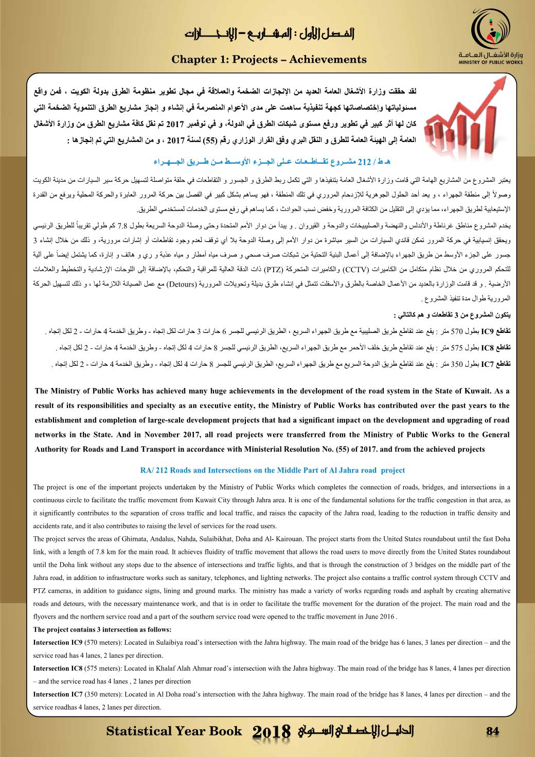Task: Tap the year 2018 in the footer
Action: pos(273,732)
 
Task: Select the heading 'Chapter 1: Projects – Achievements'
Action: pos(269,60)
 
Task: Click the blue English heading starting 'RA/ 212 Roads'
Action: pos(272,470)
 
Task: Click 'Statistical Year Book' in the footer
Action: pos(174,731)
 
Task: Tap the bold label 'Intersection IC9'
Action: pos(57,642)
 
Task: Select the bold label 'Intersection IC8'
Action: pos(57,668)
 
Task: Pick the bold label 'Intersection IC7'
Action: pos(57,694)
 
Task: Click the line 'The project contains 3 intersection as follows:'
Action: pos(102,629)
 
